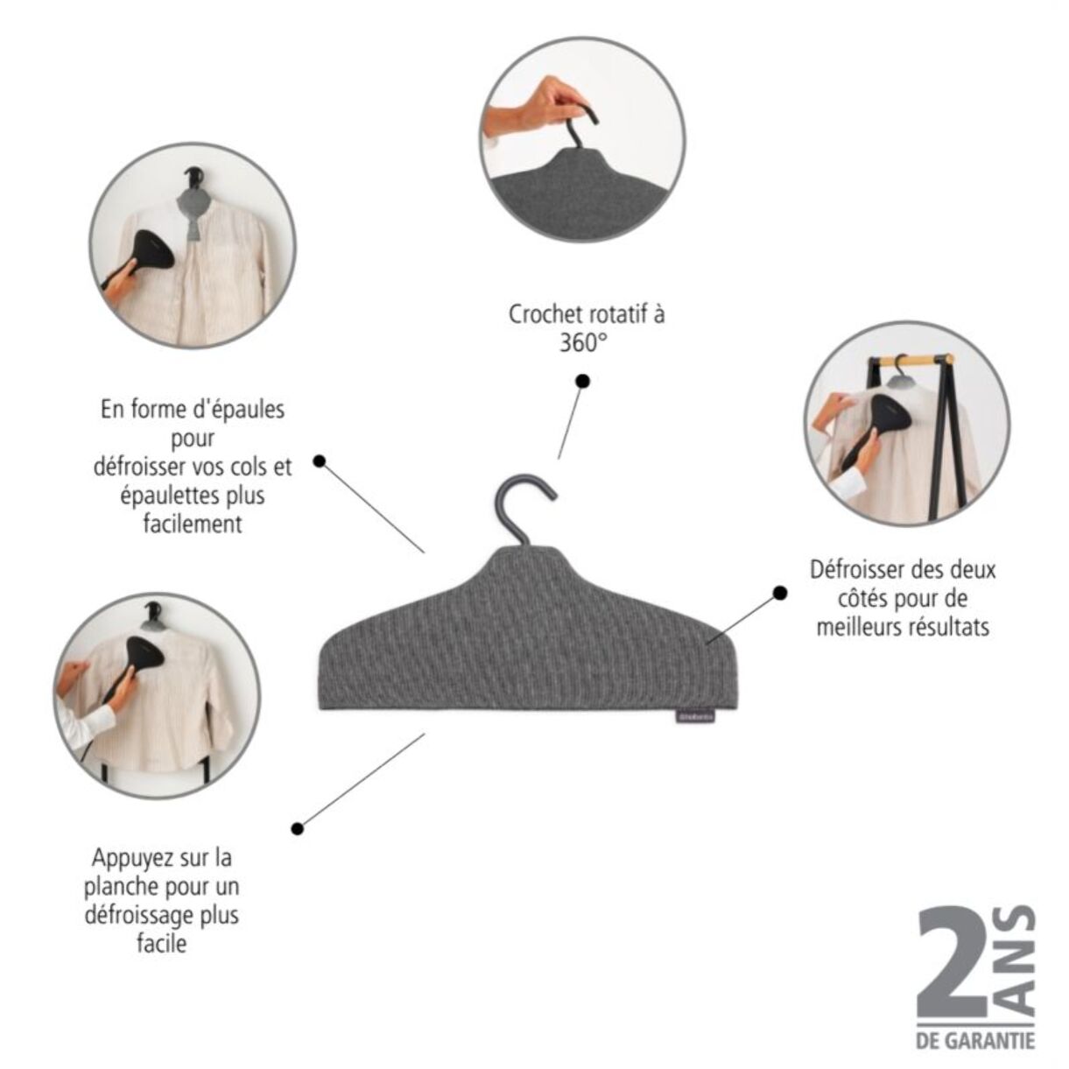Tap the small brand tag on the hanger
tap(696, 717)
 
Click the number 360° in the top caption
tap(581, 343)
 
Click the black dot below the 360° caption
tap(583, 381)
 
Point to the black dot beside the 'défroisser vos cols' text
tap(319, 461)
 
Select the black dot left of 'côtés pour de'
tap(780, 593)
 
